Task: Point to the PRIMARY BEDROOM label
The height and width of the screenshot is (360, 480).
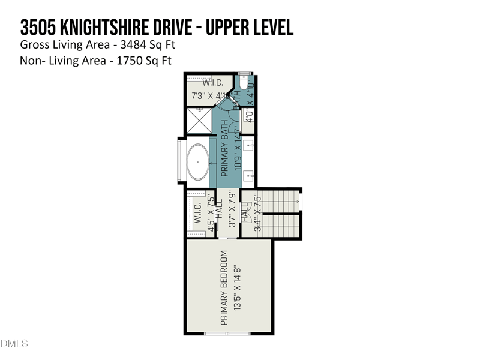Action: [224, 287]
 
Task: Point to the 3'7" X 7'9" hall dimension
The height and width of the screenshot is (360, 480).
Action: [233, 209]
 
